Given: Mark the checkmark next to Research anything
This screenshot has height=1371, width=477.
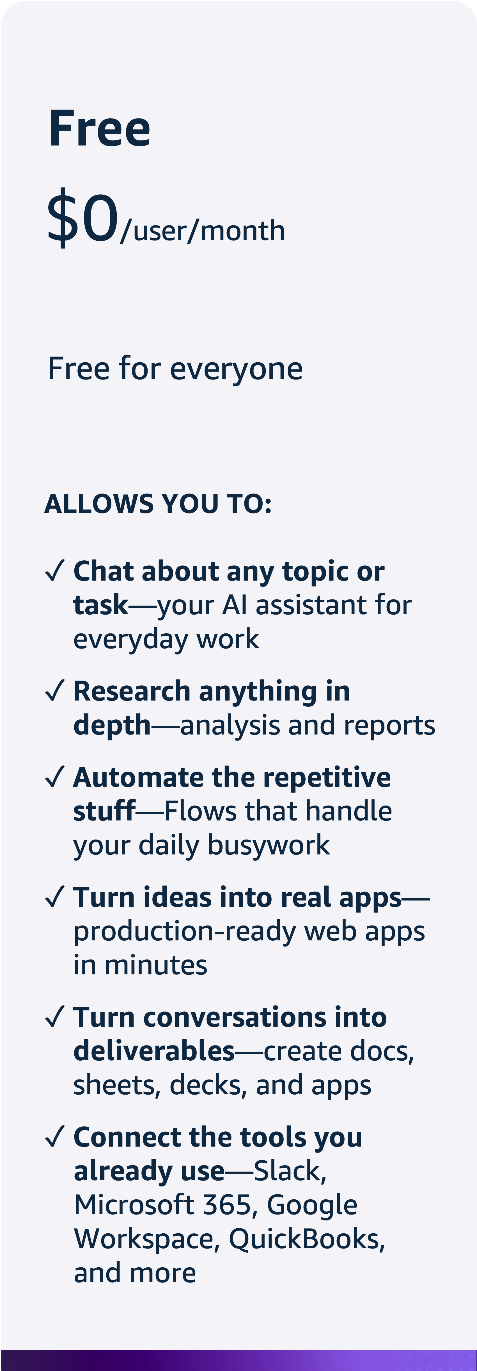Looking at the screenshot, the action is point(55,690).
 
